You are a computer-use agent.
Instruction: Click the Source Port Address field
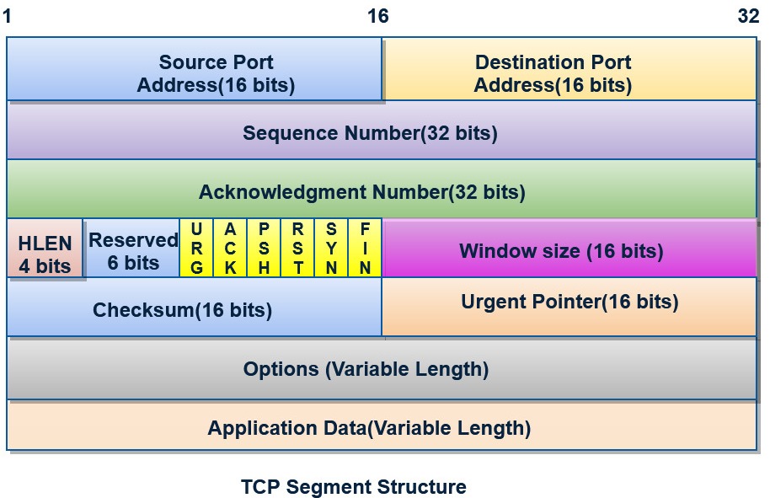click(195, 69)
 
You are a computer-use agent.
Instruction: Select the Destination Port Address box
click(569, 69)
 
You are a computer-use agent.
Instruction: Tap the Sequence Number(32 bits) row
click(382, 130)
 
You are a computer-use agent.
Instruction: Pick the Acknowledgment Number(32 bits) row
click(382, 189)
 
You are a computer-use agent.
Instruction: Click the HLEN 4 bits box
click(45, 248)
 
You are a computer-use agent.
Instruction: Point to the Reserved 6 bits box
click(131, 248)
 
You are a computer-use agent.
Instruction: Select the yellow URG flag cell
click(196, 248)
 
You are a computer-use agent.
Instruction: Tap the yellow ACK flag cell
click(230, 248)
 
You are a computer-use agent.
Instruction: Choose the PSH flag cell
click(264, 248)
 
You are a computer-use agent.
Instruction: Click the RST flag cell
click(297, 248)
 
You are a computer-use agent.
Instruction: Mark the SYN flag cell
click(331, 248)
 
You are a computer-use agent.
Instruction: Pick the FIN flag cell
click(365, 248)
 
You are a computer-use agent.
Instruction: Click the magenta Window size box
click(569, 248)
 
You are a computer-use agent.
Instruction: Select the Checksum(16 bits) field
click(195, 307)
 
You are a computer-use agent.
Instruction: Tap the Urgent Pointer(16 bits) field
click(569, 307)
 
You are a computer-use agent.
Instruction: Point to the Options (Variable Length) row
click(382, 369)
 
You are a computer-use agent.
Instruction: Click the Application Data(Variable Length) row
click(382, 426)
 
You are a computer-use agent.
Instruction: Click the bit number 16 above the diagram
click(378, 16)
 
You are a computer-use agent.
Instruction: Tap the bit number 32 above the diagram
click(749, 16)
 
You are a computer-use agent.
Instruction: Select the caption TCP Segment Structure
click(354, 487)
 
